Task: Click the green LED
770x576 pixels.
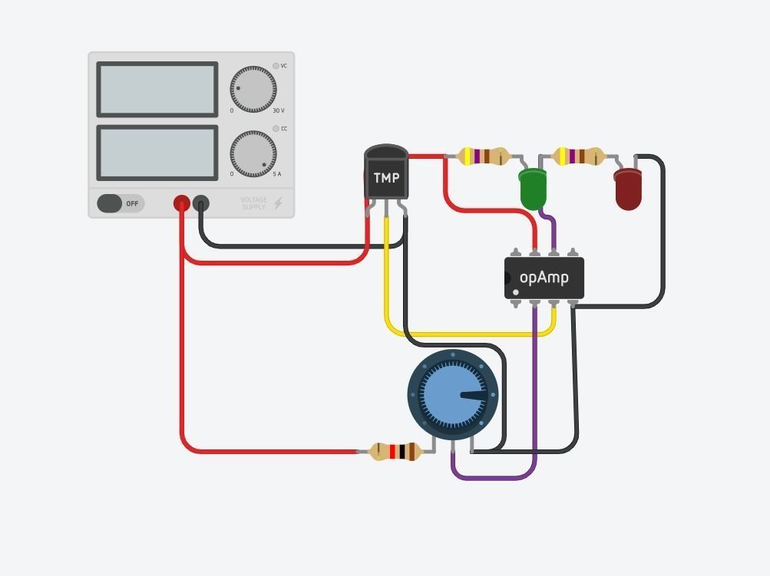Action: click(x=533, y=188)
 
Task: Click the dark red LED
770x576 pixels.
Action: click(x=628, y=189)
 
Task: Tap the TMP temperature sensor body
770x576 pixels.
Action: click(x=386, y=176)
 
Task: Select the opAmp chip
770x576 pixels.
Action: click(x=544, y=278)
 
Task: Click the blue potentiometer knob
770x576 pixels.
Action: click(x=453, y=395)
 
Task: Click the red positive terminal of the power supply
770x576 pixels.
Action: click(x=182, y=203)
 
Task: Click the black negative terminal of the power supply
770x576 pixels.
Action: click(x=200, y=203)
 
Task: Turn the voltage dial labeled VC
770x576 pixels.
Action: click(x=253, y=89)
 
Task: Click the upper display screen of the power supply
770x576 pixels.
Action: click(x=157, y=90)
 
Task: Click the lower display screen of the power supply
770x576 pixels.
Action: click(x=157, y=153)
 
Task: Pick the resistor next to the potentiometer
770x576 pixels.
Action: click(x=395, y=452)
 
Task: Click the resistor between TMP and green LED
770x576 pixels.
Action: click(x=484, y=157)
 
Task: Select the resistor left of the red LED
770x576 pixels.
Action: click(x=580, y=157)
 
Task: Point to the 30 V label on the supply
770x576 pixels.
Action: click(x=278, y=111)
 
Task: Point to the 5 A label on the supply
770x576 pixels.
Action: click(x=277, y=175)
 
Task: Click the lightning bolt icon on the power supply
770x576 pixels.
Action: click(x=278, y=203)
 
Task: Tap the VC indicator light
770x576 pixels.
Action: click(x=276, y=66)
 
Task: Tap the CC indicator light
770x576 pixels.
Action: click(x=276, y=129)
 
